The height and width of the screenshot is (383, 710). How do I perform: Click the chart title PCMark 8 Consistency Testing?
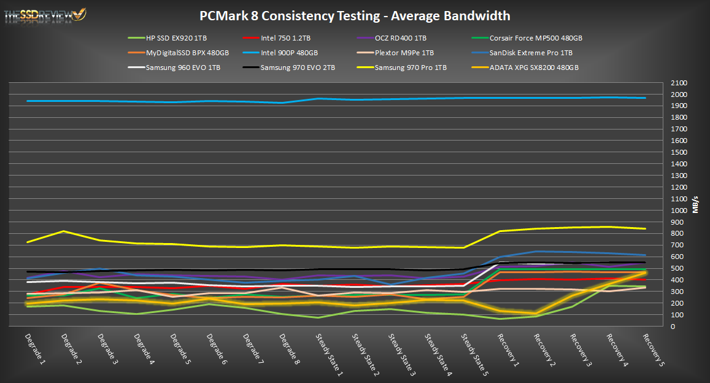point(355,15)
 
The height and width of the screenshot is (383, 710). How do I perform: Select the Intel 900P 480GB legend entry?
point(288,53)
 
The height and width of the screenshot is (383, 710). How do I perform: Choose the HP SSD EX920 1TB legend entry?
point(174,38)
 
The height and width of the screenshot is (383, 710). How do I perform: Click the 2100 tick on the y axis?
point(679,83)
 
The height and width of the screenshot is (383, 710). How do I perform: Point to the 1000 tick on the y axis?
point(679,211)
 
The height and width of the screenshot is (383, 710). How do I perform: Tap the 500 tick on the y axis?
point(677,268)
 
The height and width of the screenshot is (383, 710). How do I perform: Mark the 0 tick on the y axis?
point(674,327)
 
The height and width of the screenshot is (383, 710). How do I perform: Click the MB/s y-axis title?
point(696,204)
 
